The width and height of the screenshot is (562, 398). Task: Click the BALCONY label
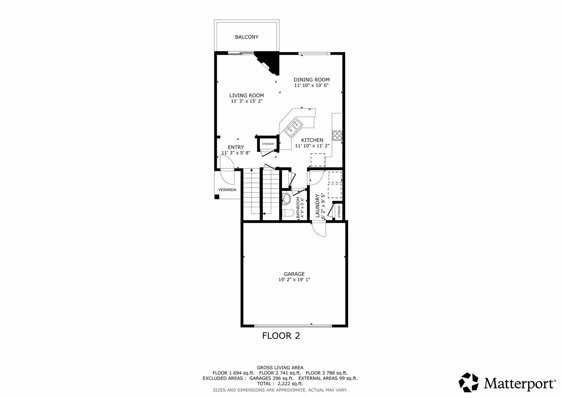(247, 37)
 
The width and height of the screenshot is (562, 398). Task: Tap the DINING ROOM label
(312, 80)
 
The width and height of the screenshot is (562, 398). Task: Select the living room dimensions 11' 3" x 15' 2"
(247, 101)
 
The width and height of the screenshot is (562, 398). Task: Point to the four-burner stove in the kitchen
(337, 135)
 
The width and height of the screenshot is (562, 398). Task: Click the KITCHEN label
(312, 140)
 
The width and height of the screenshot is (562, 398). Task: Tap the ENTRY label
(236, 147)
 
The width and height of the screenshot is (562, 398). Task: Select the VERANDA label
(227, 190)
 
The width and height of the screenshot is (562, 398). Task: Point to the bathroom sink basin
(286, 199)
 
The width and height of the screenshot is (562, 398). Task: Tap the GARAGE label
(294, 274)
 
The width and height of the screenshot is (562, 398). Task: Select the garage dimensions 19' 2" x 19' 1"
(294, 280)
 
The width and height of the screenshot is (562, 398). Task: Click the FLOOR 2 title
(281, 336)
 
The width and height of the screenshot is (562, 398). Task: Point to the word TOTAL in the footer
(263, 384)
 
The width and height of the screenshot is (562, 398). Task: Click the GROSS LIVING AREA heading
(280, 368)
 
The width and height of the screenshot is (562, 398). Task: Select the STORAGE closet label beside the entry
(268, 144)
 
